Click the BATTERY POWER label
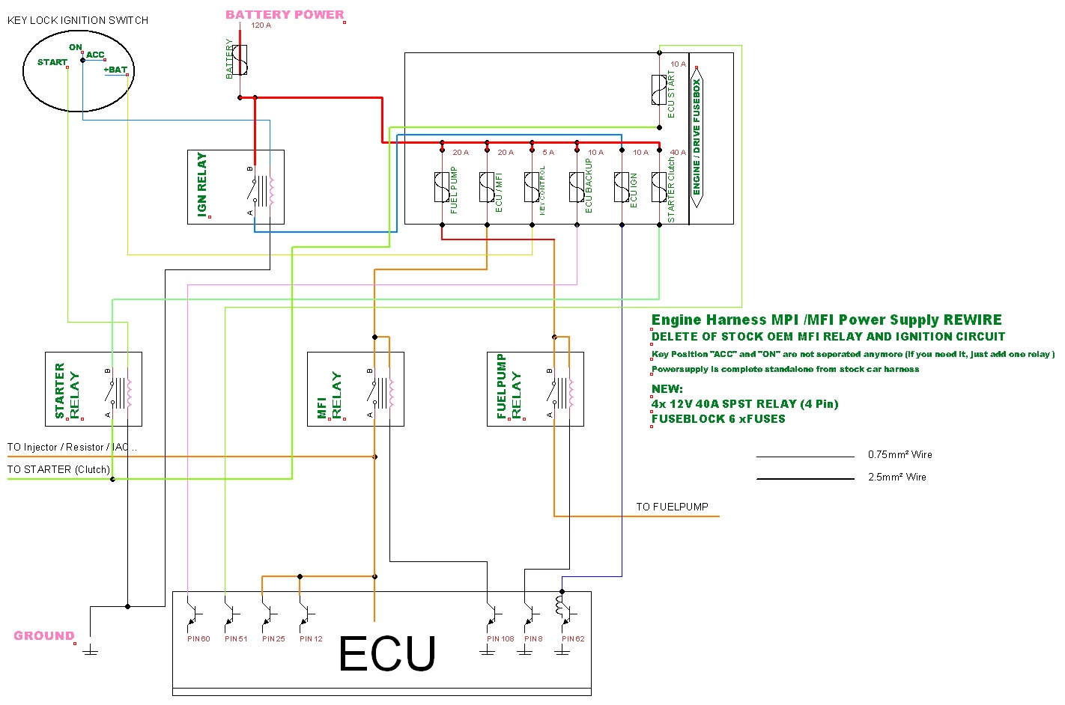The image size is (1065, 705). click(285, 14)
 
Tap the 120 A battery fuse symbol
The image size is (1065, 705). click(240, 60)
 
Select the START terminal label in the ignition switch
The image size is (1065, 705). click(52, 62)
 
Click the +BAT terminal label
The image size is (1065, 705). click(115, 70)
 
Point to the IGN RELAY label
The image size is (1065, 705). click(201, 185)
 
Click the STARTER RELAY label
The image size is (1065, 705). click(67, 391)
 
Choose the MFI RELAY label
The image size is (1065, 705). click(329, 395)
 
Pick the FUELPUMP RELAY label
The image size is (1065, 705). click(509, 386)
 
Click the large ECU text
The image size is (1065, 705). click(386, 654)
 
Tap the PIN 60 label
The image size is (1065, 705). click(198, 639)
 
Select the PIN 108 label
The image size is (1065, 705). click(500, 639)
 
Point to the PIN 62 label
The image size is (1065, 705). click(573, 639)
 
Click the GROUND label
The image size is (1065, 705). click(44, 635)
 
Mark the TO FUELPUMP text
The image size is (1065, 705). click(672, 507)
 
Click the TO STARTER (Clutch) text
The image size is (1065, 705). click(58, 469)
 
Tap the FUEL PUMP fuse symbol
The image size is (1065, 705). click(442, 187)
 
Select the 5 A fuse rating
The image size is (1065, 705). click(548, 153)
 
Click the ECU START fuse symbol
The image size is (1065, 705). click(659, 90)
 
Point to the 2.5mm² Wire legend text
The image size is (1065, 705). click(896, 477)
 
